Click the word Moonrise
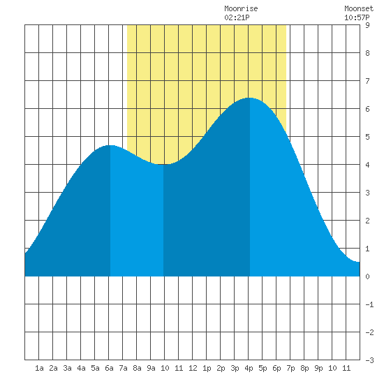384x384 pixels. click(241, 8)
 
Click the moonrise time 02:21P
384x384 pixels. click(237, 17)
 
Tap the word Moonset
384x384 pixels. click(359, 8)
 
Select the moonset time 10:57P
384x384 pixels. click(357, 17)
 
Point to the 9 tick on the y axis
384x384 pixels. click(367, 25)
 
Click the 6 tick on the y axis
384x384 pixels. click(367, 109)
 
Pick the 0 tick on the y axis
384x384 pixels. click(367, 276)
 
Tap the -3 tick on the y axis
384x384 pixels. click(369, 360)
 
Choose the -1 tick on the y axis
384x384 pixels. click(369, 304)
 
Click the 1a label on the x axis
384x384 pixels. click(39, 368)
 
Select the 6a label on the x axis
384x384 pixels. click(109, 368)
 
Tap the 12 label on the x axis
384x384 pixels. click(193, 368)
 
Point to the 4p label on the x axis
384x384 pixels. click(249, 368)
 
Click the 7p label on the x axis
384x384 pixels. click(290, 368)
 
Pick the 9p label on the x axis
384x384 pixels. click(318, 368)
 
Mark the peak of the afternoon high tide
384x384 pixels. click(249, 98)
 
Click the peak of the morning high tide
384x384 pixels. click(110, 145)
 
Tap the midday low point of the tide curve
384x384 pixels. click(163, 164)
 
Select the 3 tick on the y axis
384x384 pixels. click(367, 193)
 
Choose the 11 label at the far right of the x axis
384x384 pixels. click(346, 368)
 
